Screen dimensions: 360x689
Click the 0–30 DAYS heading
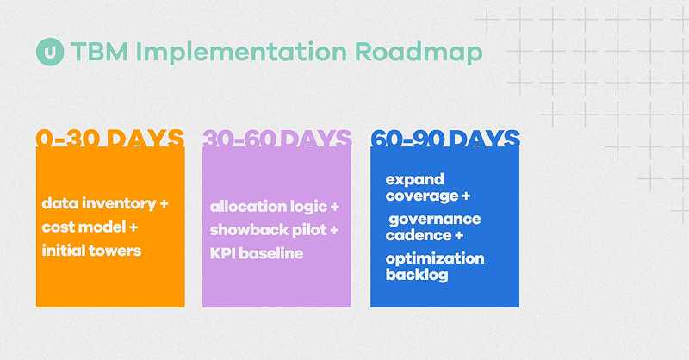coord(109,140)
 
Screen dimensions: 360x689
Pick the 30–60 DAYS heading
coord(276,140)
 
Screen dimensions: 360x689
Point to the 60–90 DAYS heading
coord(444,140)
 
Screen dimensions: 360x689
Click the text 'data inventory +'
coord(105,205)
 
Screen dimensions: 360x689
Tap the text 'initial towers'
coord(91,251)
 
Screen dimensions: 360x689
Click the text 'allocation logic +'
coord(275,208)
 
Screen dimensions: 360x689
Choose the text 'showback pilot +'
coord(275,231)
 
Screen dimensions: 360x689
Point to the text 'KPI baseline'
coord(256,254)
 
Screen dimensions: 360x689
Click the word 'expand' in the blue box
coord(415,179)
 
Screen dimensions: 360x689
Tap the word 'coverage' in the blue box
coord(422,196)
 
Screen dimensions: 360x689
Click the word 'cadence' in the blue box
coord(419,235)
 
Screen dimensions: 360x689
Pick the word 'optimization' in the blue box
coord(435,258)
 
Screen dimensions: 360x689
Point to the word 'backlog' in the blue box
coord(417,275)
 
